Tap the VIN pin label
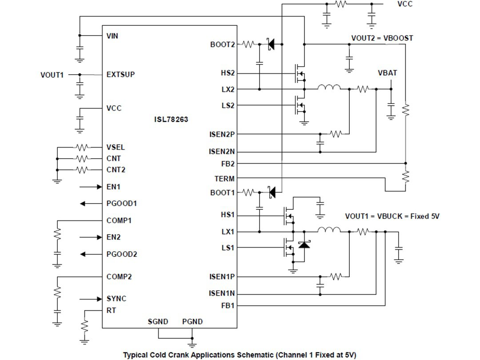pos(112,36)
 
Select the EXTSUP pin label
pos(120,75)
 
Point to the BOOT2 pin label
pos(222,44)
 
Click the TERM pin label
pos(224,179)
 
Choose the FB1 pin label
pos(228,306)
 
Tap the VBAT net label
pos(387,73)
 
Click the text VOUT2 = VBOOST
pos(382,38)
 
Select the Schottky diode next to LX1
pos(304,244)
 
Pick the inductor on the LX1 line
pos(329,230)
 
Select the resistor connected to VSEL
pos(83,148)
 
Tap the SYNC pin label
pos(116,299)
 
